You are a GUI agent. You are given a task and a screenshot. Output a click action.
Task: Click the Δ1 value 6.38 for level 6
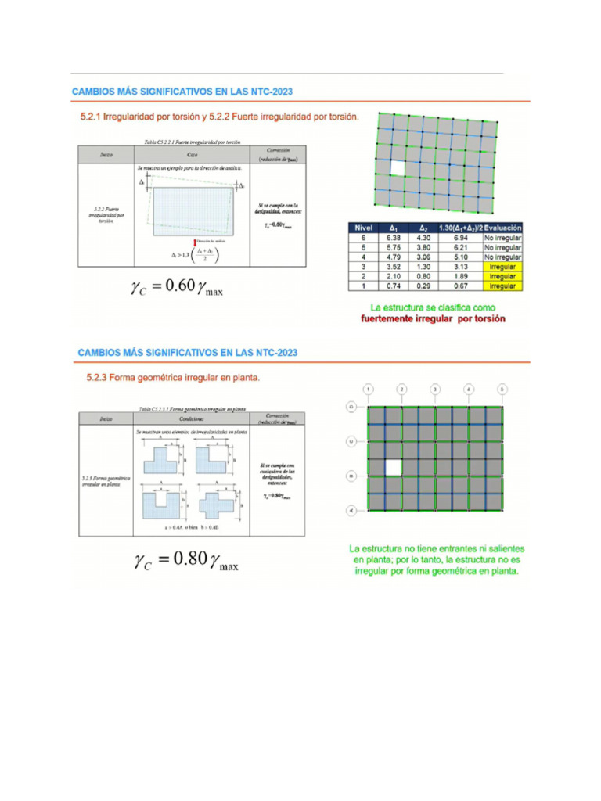coord(393,237)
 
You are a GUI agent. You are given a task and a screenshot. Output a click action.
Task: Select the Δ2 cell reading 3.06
coord(423,257)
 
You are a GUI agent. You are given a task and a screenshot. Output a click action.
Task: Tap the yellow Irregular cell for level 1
coord(502,286)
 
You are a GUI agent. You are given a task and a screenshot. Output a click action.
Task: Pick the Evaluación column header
coord(502,227)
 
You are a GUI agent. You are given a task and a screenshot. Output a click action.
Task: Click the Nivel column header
coord(364,227)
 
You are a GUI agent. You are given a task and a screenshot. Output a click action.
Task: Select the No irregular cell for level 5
coord(502,247)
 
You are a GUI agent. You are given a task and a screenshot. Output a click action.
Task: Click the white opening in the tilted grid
coord(398,167)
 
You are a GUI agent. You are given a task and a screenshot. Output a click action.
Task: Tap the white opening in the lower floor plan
coord(394,467)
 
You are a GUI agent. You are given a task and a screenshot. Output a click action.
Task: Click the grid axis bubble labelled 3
coord(434,389)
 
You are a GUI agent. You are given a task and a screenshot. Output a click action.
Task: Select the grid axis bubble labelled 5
coord(502,389)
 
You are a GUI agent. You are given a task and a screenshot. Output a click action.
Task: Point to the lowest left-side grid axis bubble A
coord(351,510)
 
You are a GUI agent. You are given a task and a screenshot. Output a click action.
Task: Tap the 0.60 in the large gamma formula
coord(173,286)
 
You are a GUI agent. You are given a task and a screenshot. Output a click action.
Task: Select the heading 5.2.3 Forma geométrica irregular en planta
coord(173,377)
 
